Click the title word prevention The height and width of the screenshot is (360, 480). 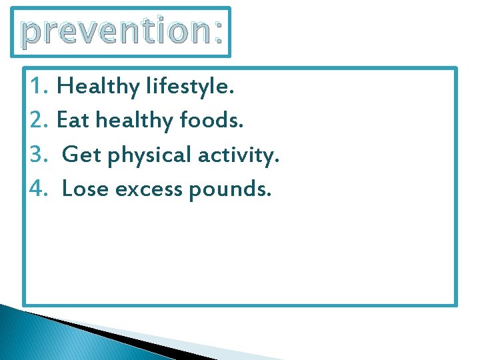tap(113, 31)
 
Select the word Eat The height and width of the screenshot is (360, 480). tap(73, 121)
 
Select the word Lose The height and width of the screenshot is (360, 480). tap(86, 190)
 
